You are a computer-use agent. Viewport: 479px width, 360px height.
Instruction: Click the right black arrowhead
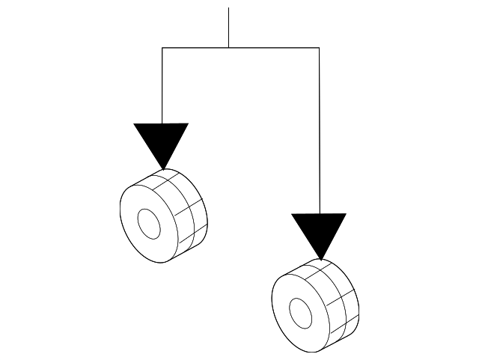tap(319, 231)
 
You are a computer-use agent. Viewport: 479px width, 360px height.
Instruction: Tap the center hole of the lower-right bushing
tap(300, 311)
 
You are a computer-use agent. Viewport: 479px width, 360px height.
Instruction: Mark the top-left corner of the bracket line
tap(162, 48)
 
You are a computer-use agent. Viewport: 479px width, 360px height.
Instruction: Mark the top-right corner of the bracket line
tap(320, 48)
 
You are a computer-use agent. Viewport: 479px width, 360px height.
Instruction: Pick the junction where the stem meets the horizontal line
tap(228, 48)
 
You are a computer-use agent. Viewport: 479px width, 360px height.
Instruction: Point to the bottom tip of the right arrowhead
tap(320, 259)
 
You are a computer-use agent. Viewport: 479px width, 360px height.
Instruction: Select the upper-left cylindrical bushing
tap(163, 216)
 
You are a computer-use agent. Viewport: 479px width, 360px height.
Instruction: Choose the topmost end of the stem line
tap(228, 8)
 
